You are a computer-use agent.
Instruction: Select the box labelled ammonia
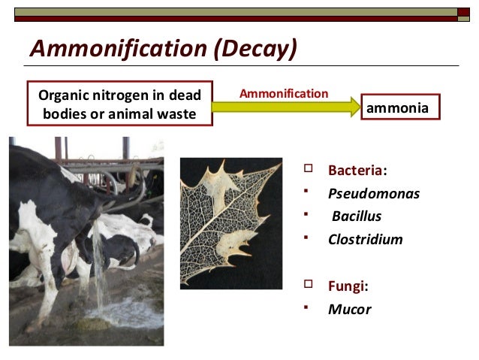click(398, 107)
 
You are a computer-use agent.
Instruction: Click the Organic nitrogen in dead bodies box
click(120, 104)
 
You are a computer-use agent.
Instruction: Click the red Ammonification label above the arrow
click(283, 93)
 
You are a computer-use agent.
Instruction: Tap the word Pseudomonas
click(373, 193)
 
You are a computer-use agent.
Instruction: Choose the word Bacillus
click(357, 216)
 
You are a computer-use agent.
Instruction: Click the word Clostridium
click(365, 240)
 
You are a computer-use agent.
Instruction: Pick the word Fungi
click(348, 286)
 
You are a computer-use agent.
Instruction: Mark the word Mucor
click(349, 309)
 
